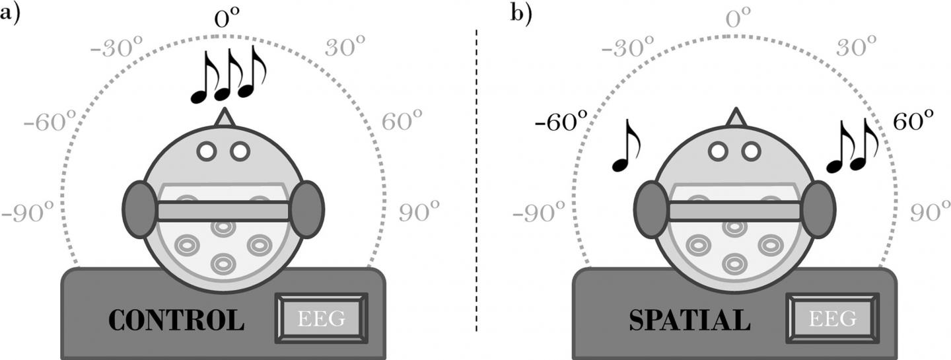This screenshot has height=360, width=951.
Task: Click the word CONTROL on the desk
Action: pos(176,320)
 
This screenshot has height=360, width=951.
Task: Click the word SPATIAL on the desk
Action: pos(689,320)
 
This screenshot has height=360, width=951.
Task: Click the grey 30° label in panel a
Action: pos(345,48)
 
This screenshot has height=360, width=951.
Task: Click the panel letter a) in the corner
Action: pos(14,13)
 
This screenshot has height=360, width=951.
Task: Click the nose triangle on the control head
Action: pos(224,117)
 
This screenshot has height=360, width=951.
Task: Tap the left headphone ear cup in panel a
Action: pos(139,209)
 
